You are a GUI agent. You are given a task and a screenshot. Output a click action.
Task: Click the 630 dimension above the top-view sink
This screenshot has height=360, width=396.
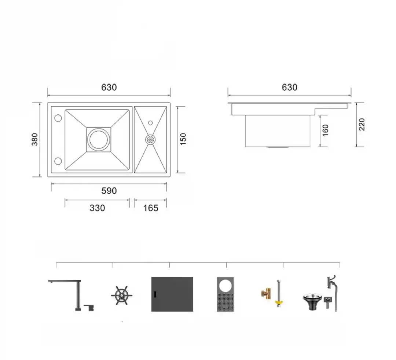click(x=109, y=87)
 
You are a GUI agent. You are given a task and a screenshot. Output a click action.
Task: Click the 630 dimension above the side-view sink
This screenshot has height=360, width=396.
click(x=289, y=87)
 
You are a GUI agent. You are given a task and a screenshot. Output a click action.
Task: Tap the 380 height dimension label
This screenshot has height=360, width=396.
click(x=34, y=139)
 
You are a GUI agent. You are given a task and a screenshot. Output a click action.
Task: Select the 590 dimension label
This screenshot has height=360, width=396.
click(x=109, y=191)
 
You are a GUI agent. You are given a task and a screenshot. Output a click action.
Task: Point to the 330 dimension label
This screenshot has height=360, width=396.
click(x=97, y=208)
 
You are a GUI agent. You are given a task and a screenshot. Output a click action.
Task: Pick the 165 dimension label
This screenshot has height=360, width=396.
click(x=151, y=208)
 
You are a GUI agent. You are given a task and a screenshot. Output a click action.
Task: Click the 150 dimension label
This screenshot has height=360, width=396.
click(x=183, y=139)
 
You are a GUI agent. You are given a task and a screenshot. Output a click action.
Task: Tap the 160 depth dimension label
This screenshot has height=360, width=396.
click(x=325, y=130)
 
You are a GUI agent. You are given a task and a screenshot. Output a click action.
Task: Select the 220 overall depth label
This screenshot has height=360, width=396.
click(x=362, y=124)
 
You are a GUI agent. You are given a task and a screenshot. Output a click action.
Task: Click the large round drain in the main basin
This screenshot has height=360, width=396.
click(x=99, y=140)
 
